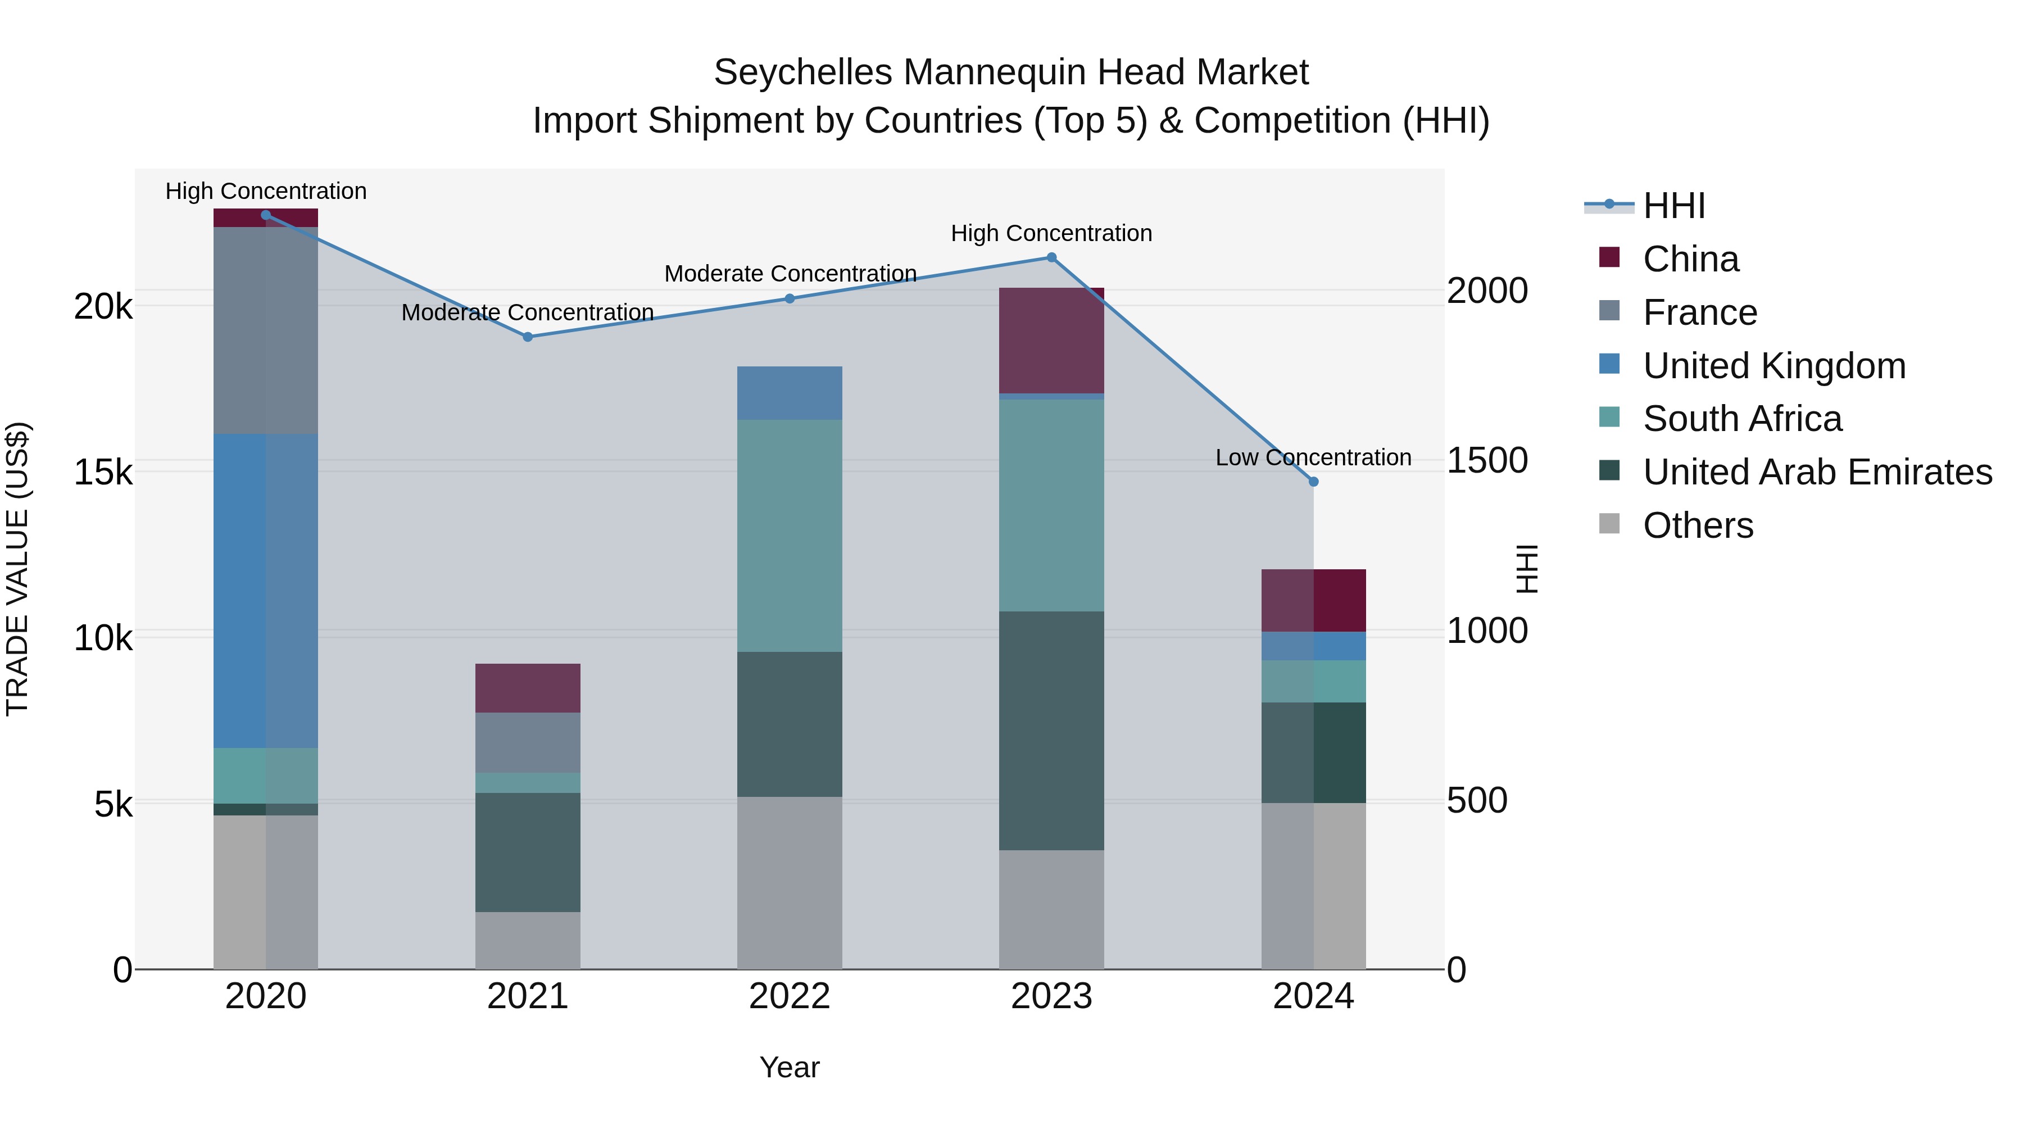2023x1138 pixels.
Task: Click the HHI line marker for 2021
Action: click(528, 337)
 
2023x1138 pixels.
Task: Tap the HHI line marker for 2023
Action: click(1051, 257)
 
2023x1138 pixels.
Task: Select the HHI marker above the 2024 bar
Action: click(1314, 482)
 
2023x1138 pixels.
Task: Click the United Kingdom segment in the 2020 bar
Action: click(265, 591)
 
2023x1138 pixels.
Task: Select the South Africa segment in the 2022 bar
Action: click(790, 536)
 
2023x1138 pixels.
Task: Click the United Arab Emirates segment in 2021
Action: click(528, 852)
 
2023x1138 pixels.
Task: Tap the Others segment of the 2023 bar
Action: click(1051, 909)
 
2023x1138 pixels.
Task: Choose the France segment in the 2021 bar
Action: click(528, 742)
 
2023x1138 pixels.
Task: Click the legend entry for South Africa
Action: click(1742, 419)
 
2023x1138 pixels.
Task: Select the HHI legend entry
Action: click(1673, 206)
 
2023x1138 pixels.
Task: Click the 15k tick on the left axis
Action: click(103, 472)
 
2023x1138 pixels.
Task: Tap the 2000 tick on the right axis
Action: click(1486, 291)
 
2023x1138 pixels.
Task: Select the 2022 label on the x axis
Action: click(790, 996)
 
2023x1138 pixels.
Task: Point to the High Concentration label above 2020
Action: click(265, 191)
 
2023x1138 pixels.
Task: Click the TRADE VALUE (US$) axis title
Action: click(17, 569)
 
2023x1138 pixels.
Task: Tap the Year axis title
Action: click(790, 1067)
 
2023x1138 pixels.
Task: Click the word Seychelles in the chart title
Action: click(802, 72)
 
